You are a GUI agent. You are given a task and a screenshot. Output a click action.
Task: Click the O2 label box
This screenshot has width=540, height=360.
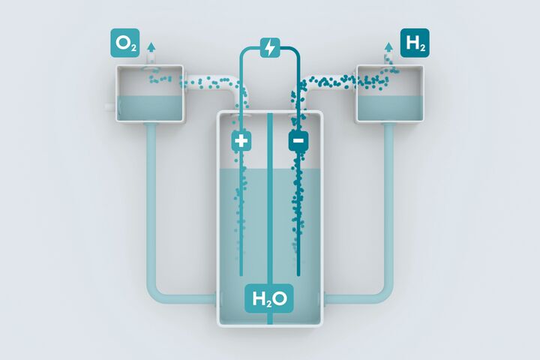[125, 43]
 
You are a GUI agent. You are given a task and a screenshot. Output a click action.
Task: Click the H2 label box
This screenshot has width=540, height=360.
[415, 43]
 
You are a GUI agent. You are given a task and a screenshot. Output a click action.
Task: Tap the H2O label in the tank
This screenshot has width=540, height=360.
[269, 298]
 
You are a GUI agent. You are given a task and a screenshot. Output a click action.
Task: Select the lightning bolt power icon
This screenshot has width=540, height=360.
[270, 47]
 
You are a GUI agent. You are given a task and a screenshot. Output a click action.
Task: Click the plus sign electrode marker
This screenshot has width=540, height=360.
[241, 140]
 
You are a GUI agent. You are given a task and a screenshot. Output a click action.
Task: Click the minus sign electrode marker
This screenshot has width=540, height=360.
[298, 140]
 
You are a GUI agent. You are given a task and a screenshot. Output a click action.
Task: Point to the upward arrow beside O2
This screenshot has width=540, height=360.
[151, 51]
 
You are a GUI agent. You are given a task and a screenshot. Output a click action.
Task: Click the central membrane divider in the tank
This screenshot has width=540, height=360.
[270, 218]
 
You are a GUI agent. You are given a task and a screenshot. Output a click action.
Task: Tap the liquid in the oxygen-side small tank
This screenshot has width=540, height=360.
[150, 107]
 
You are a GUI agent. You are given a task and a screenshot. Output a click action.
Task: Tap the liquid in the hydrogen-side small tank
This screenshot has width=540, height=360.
[389, 107]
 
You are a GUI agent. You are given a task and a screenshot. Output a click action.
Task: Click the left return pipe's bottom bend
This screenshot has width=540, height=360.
[157, 292]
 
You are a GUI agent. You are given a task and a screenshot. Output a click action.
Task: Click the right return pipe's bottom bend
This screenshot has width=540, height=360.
[382, 292]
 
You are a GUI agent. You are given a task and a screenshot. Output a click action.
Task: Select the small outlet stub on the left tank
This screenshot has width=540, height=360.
[110, 106]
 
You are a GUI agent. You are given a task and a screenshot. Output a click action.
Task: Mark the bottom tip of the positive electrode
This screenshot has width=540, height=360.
[241, 275]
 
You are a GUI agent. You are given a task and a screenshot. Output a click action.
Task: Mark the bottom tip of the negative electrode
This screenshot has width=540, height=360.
[298, 275]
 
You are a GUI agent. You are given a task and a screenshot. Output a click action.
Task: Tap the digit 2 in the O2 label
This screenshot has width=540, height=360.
[133, 48]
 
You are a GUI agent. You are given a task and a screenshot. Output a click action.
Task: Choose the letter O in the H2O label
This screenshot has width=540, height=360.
[281, 298]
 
